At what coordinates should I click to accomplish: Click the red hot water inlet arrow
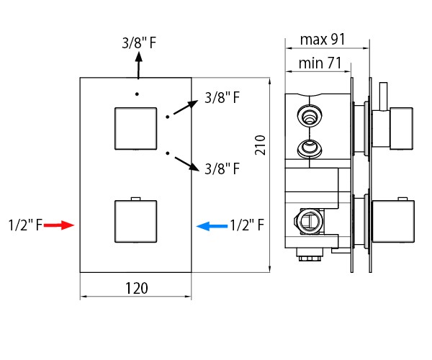[x=59, y=225]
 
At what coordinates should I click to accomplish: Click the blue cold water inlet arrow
[x=212, y=226]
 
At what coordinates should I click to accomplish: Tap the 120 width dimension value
[x=137, y=288]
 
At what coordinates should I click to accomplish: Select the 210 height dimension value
[x=260, y=145]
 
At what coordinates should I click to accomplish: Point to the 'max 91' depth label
[x=323, y=40]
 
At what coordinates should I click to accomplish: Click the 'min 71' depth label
[x=320, y=63]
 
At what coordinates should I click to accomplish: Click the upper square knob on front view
[x=136, y=129]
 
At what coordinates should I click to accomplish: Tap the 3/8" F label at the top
[x=139, y=42]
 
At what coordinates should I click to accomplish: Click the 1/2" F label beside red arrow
[x=25, y=225]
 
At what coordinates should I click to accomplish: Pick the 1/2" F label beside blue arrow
[x=247, y=225]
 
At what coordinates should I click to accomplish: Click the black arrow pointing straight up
[x=138, y=66]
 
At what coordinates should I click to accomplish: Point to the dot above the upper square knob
[x=137, y=94]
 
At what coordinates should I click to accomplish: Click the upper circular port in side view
[x=310, y=114]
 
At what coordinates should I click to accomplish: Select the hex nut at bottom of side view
[x=310, y=258]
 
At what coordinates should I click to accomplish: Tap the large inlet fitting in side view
[x=309, y=221]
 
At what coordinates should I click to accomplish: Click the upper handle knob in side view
[x=402, y=128]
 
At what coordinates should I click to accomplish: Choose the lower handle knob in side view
[x=393, y=222]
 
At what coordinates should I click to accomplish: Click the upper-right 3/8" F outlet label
[x=222, y=98]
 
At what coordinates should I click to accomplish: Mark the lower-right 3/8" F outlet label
[x=222, y=168]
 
